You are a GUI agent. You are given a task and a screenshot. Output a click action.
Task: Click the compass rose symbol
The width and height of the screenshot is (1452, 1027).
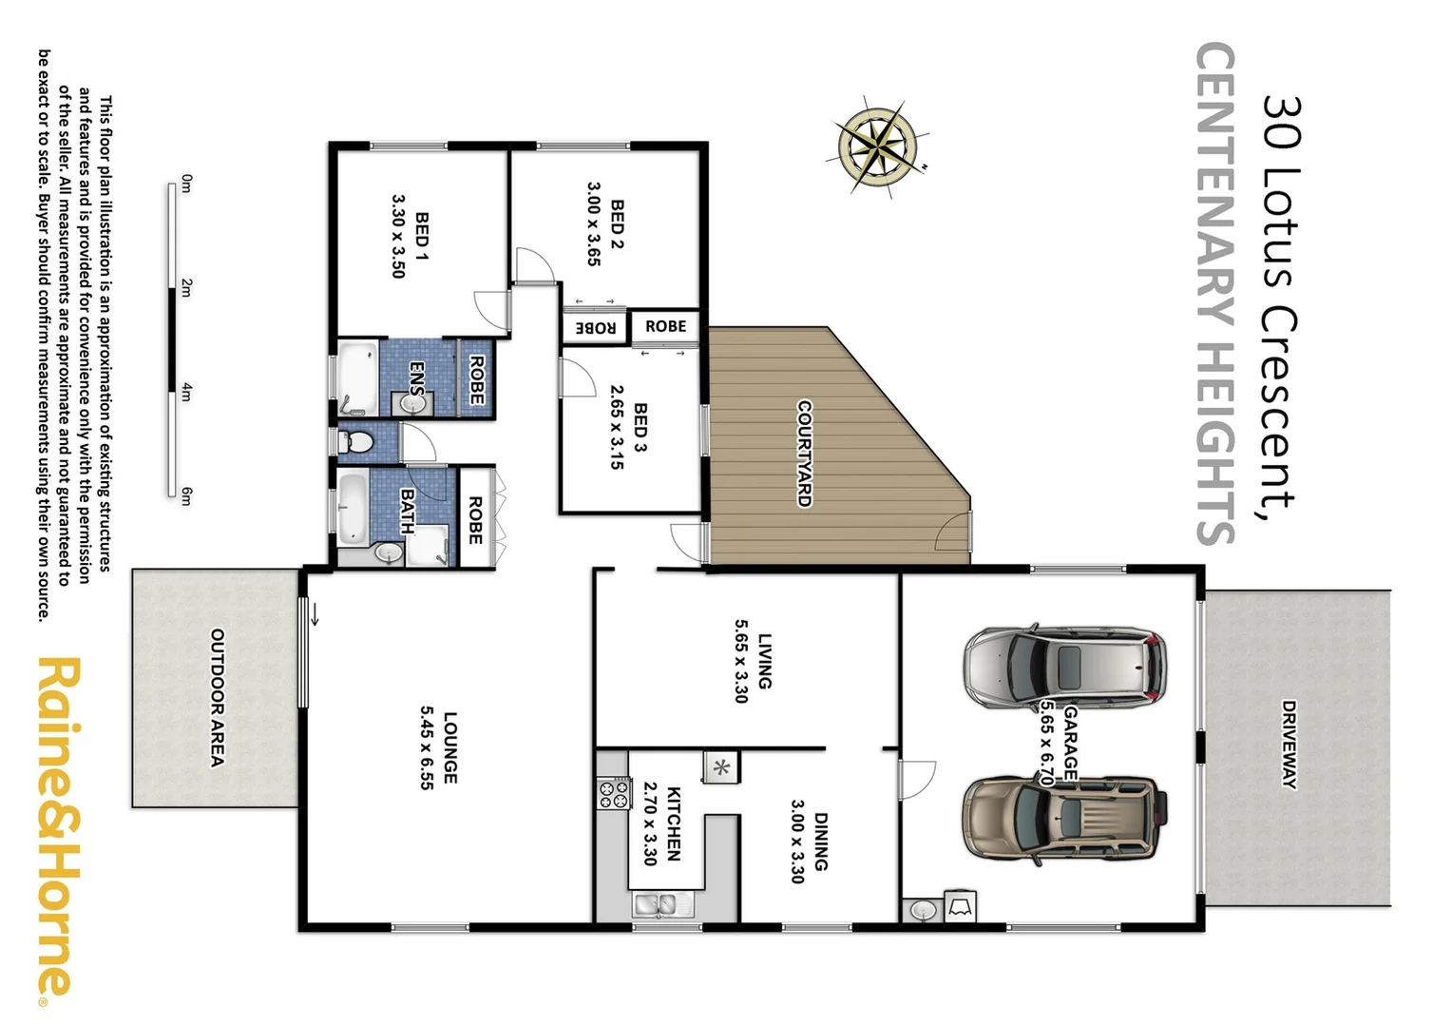click(x=879, y=147)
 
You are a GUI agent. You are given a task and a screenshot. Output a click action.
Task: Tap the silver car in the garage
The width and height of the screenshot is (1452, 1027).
click(x=1065, y=667)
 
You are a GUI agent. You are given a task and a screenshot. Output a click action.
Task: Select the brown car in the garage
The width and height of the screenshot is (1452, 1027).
click(x=1063, y=819)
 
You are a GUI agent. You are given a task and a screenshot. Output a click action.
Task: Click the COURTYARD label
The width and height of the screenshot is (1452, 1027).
click(x=804, y=453)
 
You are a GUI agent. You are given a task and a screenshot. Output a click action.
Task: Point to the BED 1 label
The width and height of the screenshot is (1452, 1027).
click(x=422, y=237)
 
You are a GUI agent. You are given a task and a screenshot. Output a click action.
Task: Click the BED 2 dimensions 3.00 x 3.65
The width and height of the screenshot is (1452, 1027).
click(x=593, y=223)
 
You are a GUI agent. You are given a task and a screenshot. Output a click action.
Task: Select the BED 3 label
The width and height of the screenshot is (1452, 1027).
click(x=640, y=427)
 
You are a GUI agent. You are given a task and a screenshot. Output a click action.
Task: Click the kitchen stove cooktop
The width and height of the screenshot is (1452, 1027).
click(x=614, y=793)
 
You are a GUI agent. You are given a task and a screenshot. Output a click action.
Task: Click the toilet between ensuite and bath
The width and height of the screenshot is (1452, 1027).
click(x=356, y=442)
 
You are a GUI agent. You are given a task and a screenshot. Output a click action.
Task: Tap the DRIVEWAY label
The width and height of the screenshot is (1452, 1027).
click(x=1289, y=745)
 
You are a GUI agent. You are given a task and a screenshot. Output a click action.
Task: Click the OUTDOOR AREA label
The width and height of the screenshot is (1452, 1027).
click(x=217, y=697)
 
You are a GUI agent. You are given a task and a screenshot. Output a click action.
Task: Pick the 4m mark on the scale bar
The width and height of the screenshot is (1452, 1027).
click(x=186, y=391)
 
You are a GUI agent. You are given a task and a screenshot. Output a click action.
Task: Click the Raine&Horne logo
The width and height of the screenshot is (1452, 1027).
click(x=59, y=827)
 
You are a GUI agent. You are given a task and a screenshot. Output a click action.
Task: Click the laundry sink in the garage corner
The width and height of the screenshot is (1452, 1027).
click(x=923, y=910)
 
